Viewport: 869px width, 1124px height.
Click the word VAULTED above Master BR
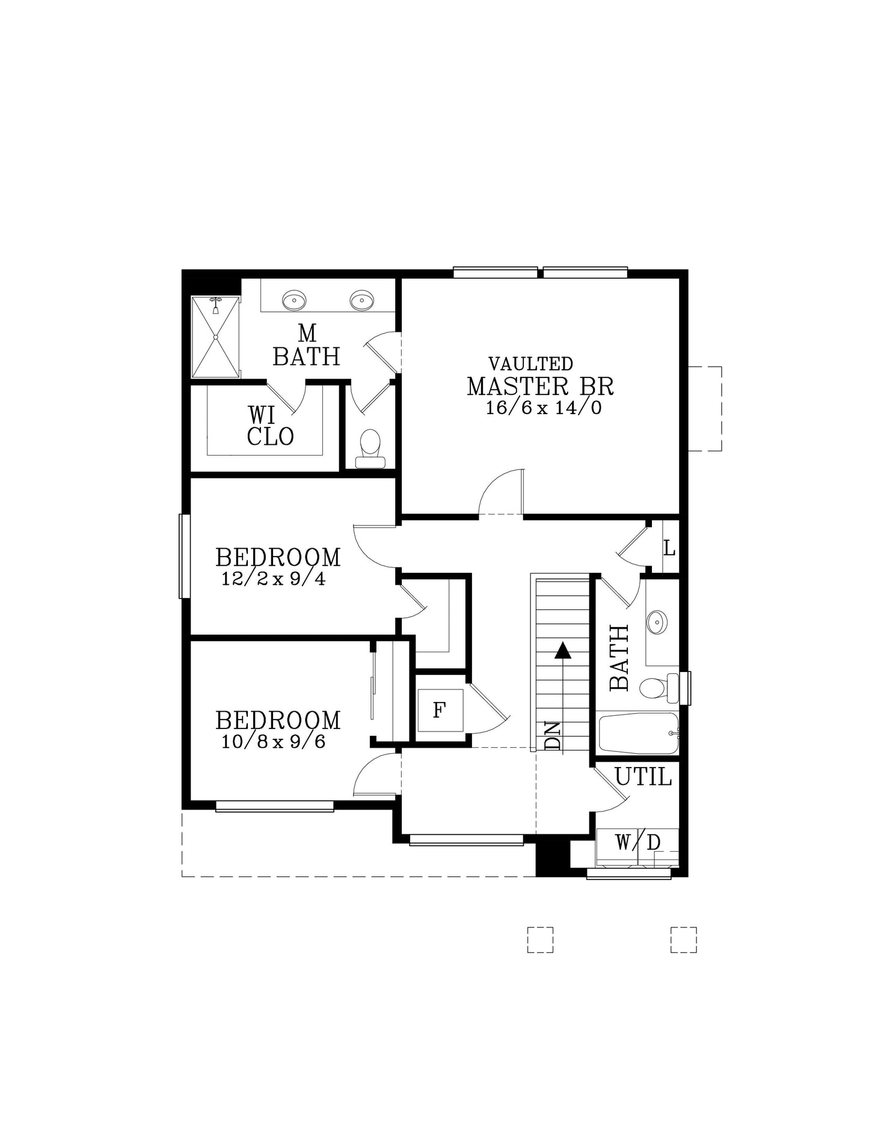(x=530, y=364)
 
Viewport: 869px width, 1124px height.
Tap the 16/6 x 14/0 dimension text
(x=544, y=408)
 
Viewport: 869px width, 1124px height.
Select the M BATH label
(x=307, y=345)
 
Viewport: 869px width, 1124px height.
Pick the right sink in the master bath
(x=362, y=299)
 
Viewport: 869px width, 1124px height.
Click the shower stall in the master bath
(x=215, y=337)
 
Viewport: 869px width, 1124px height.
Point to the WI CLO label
(x=270, y=426)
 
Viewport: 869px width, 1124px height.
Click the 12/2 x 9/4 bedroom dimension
(x=274, y=579)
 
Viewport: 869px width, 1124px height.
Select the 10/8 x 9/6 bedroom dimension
(x=274, y=741)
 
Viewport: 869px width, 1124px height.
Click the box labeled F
(x=440, y=710)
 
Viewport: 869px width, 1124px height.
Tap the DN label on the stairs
(x=552, y=735)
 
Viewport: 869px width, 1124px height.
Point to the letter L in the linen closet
(x=669, y=548)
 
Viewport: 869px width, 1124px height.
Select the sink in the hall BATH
(x=657, y=622)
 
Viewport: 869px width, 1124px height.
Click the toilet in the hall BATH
(x=659, y=688)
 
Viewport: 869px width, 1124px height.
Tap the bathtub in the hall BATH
(x=639, y=733)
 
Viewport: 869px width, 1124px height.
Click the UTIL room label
(x=643, y=777)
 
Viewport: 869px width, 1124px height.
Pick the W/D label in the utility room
(x=637, y=843)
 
